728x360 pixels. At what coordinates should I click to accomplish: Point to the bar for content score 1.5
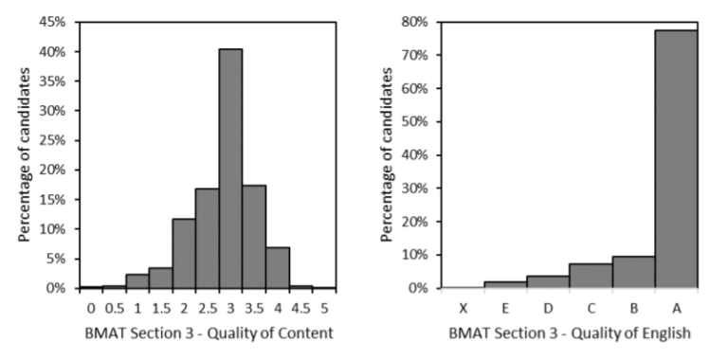point(160,277)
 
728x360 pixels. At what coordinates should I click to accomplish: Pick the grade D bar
point(547,281)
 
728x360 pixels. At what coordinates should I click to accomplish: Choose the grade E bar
point(504,284)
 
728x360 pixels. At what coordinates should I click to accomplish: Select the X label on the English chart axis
point(462,307)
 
